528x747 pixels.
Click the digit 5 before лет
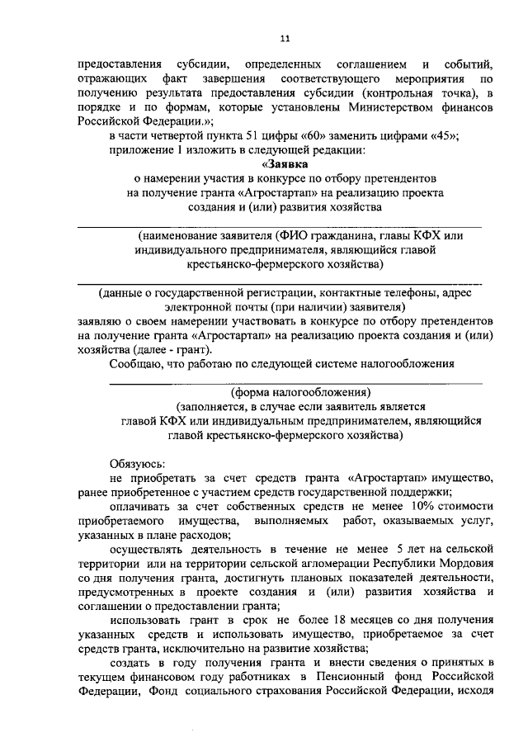click(376, 547)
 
